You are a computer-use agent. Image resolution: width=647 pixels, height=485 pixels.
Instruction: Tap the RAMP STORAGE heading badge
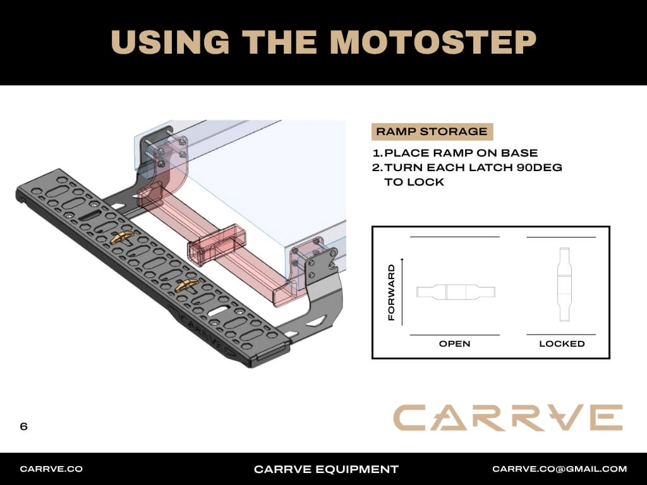pyautogui.click(x=432, y=131)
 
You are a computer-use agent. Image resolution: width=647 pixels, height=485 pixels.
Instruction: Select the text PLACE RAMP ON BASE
pyautogui.click(x=461, y=153)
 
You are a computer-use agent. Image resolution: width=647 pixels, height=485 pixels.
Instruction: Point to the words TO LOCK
pyautogui.click(x=414, y=182)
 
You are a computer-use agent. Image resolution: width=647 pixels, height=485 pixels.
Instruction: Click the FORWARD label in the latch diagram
pyautogui.click(x=392, y=292)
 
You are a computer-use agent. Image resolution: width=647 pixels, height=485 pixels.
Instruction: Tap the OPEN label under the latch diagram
pyautogui.click(x=454, y=344)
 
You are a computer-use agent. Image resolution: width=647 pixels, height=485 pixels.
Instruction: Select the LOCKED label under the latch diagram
pyautogui.click(x=562, y=344)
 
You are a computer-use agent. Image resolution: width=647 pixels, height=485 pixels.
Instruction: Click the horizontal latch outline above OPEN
pyautogui.click(x=456, y=292)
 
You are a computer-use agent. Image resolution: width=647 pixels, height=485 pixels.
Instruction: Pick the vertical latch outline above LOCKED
pyautogui.click(x=564, y=285)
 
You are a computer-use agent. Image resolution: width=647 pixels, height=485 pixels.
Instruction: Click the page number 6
pyautogui.click(x=23, y=426)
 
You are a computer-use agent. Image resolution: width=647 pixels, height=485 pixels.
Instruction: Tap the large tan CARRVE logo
pyautogui.click(x=508, y=418)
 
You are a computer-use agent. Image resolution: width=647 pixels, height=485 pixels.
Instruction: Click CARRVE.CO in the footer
pyautogui.click(x=51, y=469)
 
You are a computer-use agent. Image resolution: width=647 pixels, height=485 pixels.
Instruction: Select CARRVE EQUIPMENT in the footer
pyautogui.click(x=326, y=469)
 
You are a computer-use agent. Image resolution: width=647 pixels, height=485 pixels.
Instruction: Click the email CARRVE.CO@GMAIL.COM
pyautogui.click(x=560, y=469)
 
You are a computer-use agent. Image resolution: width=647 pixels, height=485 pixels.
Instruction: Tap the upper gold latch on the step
pyautogui.click(x=121, y=237)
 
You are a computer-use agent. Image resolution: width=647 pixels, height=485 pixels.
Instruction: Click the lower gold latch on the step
pyautogui.click(x=186, y=285)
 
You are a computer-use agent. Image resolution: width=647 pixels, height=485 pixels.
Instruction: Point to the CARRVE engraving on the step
pyautogui.click(x=202, y=330)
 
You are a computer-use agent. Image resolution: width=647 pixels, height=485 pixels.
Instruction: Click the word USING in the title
pyautogui.click(x=170, y=42)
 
